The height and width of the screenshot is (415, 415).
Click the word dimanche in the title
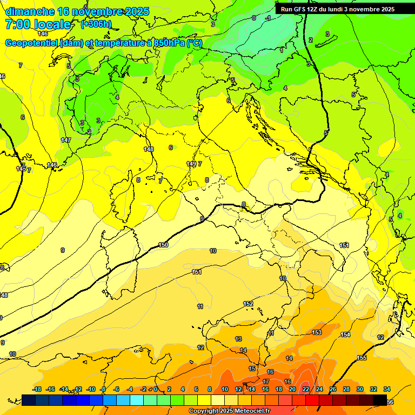[x=30, y=11]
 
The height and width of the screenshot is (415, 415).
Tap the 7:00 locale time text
[x=38, y=24]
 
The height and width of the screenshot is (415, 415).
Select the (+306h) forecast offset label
[x=96, y=24]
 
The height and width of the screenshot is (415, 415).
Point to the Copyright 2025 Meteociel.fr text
[x=229, y=411]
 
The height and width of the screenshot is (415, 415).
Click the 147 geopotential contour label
[x=66, y=140]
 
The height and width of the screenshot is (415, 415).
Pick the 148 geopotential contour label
[x=149, y=149]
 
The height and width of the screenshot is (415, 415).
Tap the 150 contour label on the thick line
[x=163, y=245]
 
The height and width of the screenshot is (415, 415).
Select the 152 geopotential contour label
[x=248, y=304]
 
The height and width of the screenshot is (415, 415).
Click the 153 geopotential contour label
[x=317, y=332]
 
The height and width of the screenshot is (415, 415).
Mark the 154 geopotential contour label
[x=345, y=335]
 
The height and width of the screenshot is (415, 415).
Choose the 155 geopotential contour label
[x=362, y=358]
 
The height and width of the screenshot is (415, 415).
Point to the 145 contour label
[x=21, y=169]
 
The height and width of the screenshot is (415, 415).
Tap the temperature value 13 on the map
[x=238, y=339]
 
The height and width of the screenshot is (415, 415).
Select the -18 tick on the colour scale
[x=37, y=389]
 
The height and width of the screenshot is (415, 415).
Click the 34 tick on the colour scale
[x=387, y=389]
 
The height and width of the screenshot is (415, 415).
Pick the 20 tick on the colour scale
[x=292, y=389]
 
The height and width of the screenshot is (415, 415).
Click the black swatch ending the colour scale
[x=380, y=400]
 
